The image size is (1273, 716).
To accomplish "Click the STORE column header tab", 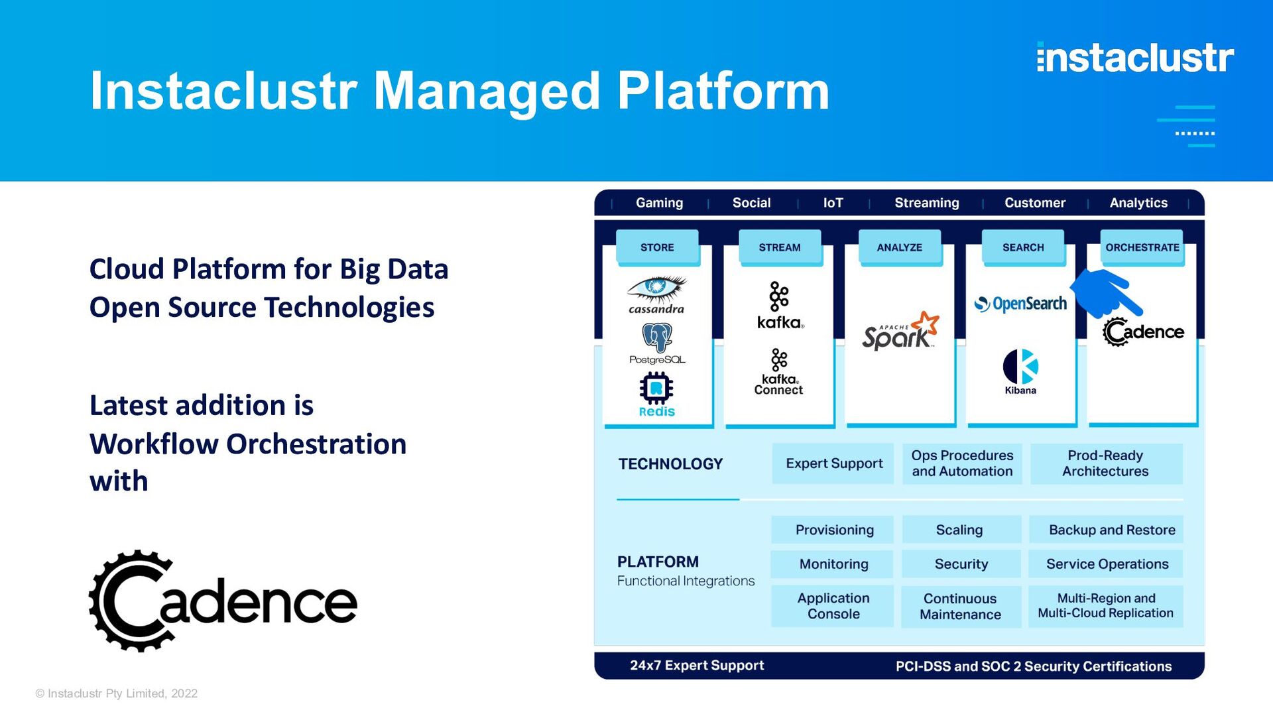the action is [657, 247].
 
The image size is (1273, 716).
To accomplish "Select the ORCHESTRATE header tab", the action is [1142, 247].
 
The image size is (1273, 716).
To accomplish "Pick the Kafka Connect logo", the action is [779, 373].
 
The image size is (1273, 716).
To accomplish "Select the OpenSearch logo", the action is [1020, 304].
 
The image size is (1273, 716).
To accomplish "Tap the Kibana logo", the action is [1020, 372].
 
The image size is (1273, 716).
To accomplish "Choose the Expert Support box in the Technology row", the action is [833, 463].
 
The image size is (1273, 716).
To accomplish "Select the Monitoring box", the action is [833, 564].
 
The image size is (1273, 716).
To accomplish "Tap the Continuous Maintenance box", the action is [961, 606].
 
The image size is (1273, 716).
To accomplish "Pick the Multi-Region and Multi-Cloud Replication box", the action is [1106, 606].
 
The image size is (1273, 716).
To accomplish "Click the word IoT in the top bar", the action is [833, 203].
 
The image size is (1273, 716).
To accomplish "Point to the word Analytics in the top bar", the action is [1138, 203].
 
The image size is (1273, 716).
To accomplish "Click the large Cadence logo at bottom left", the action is [223, 601].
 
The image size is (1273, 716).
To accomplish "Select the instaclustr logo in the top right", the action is [1135, 58].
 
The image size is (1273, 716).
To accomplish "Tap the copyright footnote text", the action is [117, 693].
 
